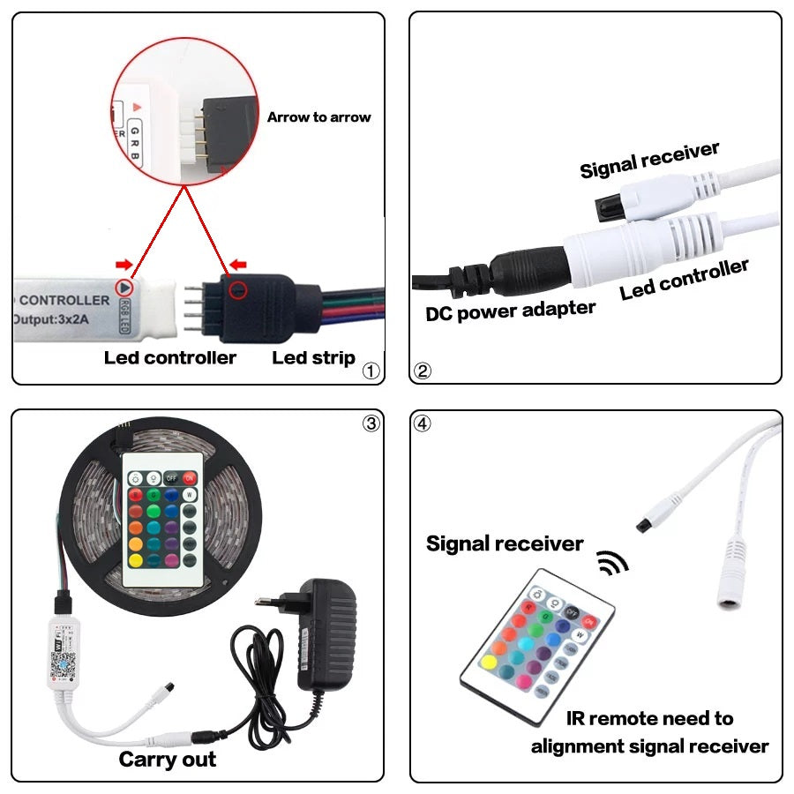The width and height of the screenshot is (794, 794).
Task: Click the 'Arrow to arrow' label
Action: (x=318, y=117)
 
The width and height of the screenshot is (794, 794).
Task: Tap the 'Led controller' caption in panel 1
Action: (x=169, y=357)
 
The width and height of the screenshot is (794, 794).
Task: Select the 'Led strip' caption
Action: (x=313, y=357)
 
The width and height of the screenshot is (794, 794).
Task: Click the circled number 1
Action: (x=371, y=371)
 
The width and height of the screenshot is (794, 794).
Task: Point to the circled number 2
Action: (x=423, y=371)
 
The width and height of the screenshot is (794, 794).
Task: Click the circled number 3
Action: (x=371, y=423)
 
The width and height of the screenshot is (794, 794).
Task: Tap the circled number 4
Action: (x=423, y=423)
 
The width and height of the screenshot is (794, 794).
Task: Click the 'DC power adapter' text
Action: (x=511, y=311)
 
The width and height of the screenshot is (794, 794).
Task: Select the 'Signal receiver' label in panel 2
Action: (x=649, y=160)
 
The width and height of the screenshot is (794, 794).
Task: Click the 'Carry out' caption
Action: (x=167, y=759)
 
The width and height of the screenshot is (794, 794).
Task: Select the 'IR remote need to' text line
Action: (x=649, y=718)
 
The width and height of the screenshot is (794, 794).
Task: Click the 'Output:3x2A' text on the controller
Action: (x=62, y=318)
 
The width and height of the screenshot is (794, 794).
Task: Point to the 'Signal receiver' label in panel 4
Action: (x=504, y=543)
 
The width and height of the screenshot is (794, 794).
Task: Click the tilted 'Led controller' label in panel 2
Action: (x=684, y=279)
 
